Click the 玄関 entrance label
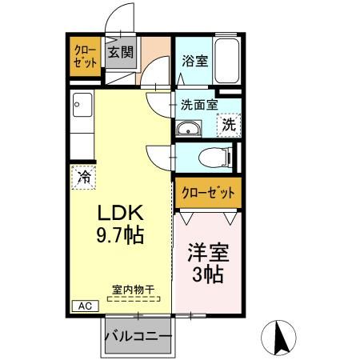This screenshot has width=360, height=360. coord(122,54)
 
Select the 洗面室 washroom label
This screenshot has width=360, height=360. coord(198,104)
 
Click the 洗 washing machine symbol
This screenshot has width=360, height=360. coord(230,124)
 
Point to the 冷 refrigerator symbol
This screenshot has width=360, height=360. coord(84,177)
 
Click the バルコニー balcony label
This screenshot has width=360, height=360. coord(138,337)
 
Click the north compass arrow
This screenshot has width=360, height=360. coord(281,335)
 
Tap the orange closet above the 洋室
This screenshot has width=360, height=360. coord(208,192)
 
